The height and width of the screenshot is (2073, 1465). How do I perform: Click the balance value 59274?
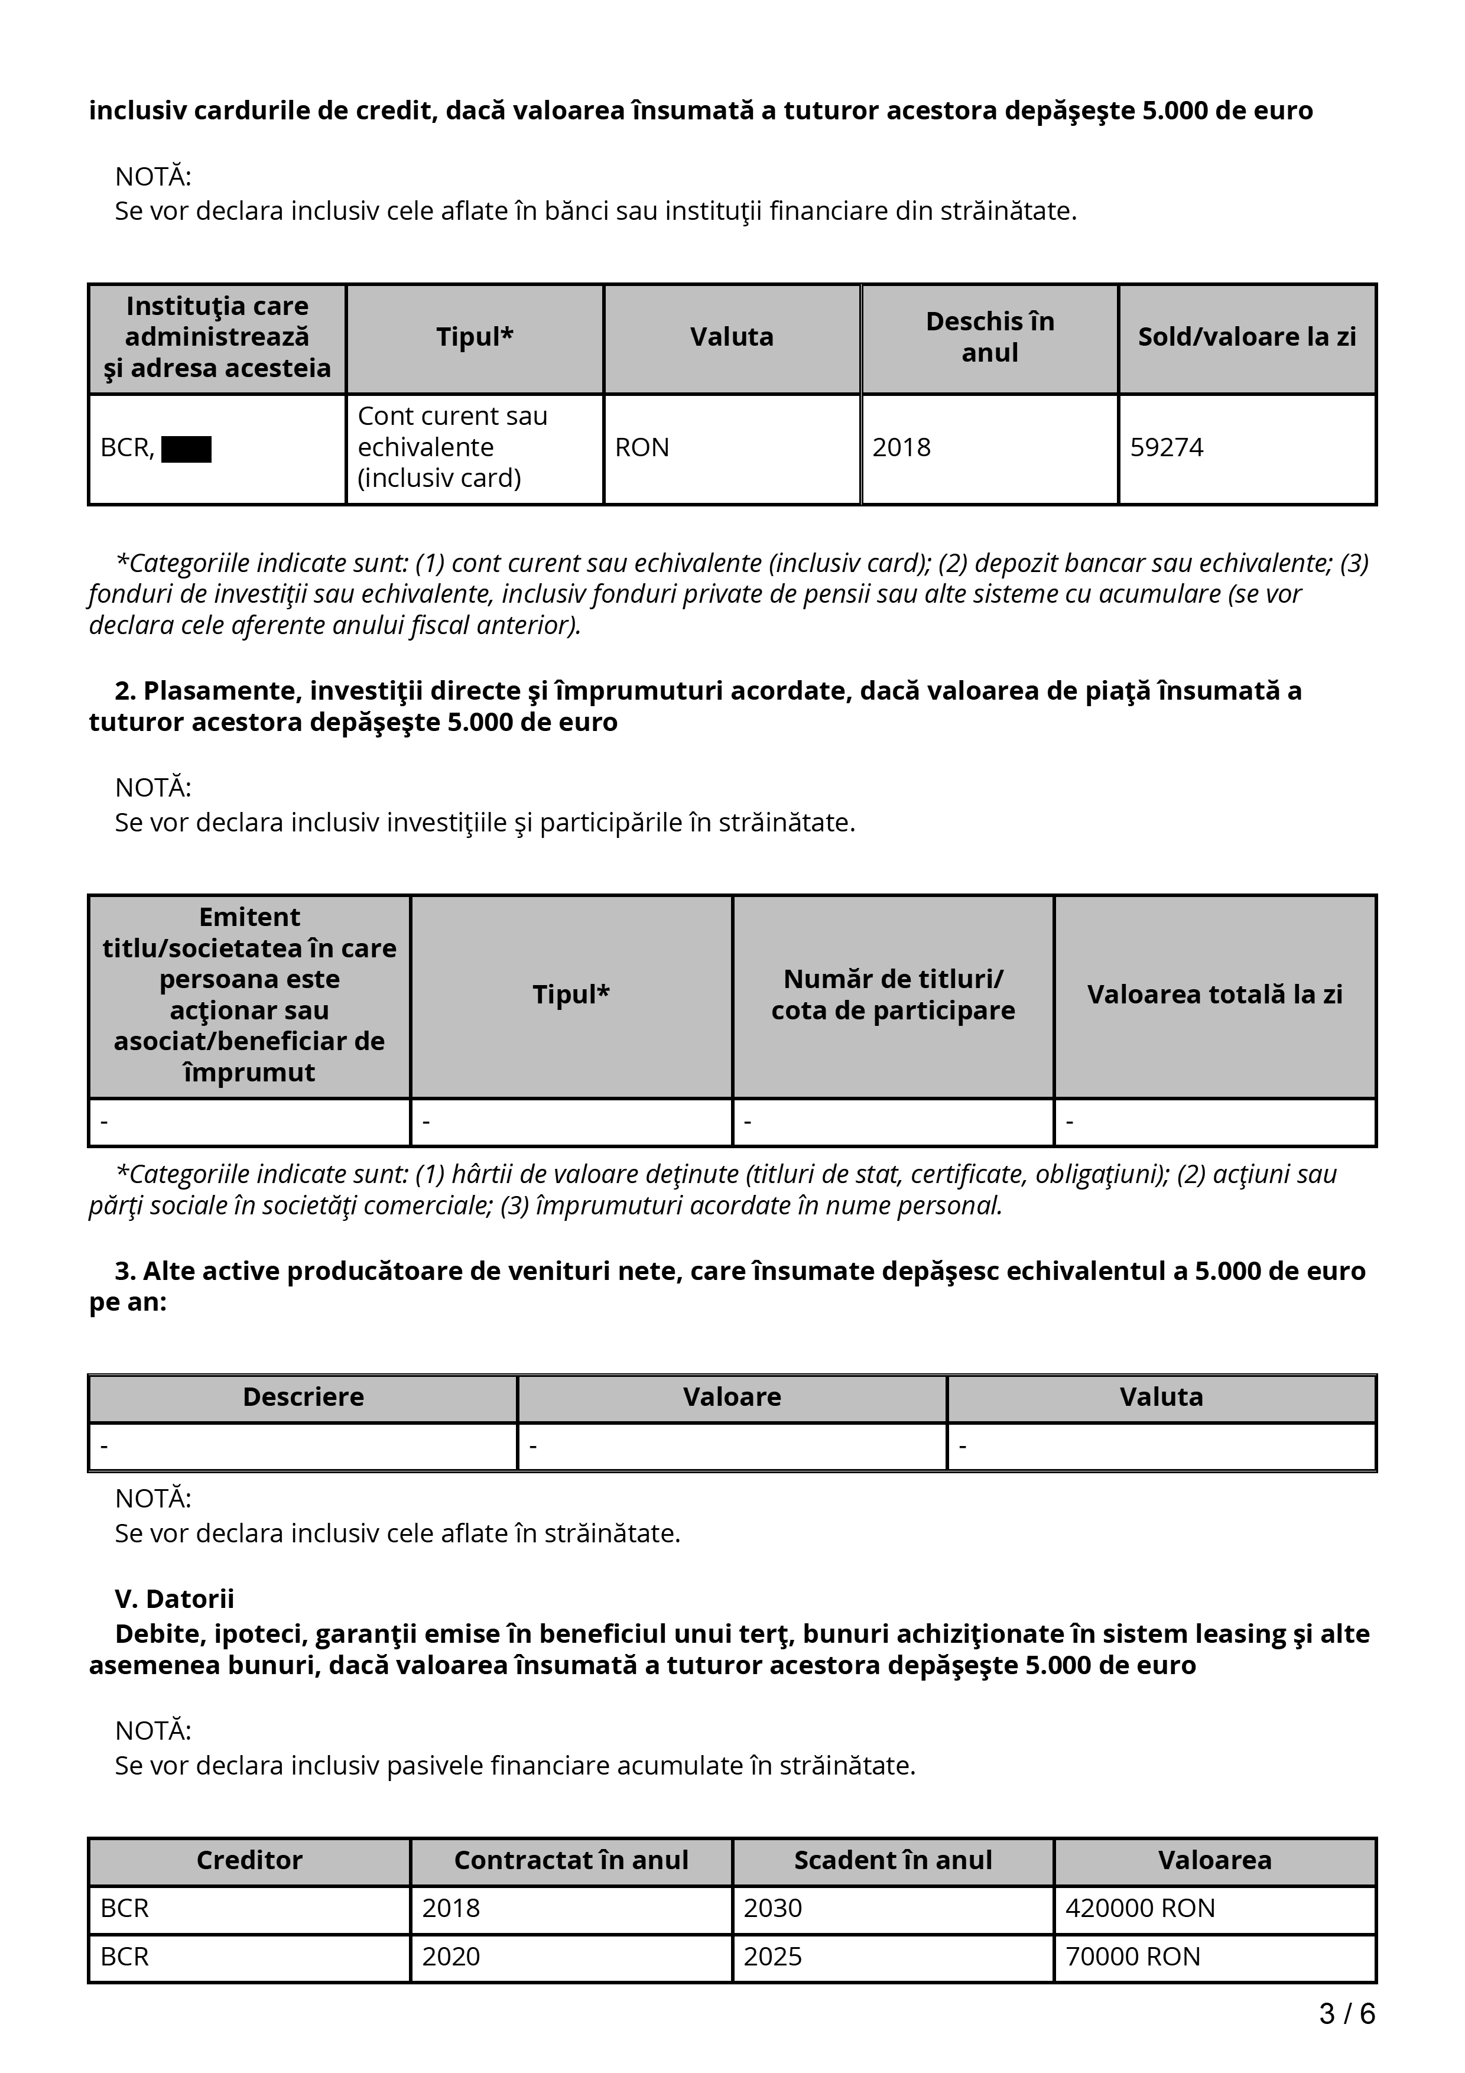[1166, 448]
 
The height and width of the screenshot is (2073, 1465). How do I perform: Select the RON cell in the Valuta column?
[642, 448]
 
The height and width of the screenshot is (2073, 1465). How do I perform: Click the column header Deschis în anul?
[989, 337]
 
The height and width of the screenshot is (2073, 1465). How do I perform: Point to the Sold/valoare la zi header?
[1246, 337]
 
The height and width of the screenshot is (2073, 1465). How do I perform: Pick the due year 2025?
[772, 1957]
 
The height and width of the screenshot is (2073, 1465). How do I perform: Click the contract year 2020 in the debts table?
[451, 1957]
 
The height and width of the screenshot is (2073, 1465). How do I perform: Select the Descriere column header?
[303, 1397]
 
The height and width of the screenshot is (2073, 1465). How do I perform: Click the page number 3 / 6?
[1347, 2013]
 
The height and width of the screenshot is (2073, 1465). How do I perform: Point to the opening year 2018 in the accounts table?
[901, 448]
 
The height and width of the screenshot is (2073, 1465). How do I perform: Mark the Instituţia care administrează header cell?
[217, 337]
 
